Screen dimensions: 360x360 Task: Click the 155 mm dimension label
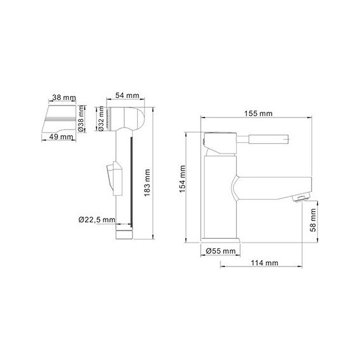tap(258, 113)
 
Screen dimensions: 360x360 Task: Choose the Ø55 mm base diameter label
tap(220, 251)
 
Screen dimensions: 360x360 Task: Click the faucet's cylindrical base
tap(221, 241)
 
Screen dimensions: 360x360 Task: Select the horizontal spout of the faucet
tap(272, 188)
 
